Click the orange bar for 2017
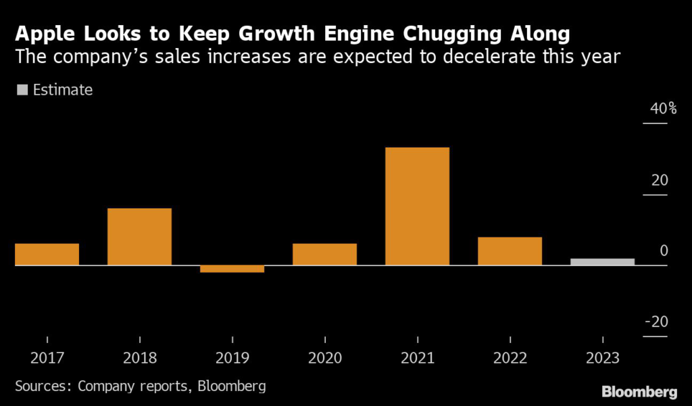point(47,254)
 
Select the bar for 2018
point(139,236)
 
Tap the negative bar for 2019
point(232,269)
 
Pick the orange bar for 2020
point(324,254)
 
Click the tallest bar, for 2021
point(417,206)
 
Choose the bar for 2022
point(510,250)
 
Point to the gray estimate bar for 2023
point(602,262)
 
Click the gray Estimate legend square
point(22,90)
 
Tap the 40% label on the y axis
point(654,109)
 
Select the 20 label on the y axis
point(660,181)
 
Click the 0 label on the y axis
point(664,251)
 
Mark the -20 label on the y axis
point(656,322)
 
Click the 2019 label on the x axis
point(232,359)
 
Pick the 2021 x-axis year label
point(417,359)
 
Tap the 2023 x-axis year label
point(602,359)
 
